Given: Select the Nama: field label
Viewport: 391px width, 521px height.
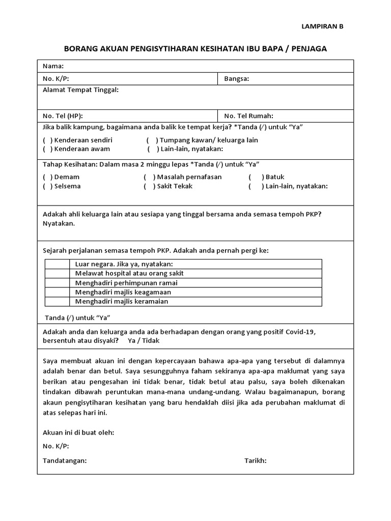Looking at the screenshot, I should (x=53, y=66).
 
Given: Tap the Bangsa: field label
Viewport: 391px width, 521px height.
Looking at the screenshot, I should (x=236, y=79).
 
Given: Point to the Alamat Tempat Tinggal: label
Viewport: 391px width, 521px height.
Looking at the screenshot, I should (x=81, y=90).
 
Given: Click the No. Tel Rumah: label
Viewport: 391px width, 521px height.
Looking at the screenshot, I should (x=248, y=116).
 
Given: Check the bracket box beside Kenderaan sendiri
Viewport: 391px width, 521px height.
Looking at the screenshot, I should (x=47, y=140).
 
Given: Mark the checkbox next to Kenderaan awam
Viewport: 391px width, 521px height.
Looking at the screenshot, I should (x=47, y=149).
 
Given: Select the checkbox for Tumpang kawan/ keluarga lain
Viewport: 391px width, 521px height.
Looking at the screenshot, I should (x=151, y=140).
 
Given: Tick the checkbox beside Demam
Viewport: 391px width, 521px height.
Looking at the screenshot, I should (x=47, y=177).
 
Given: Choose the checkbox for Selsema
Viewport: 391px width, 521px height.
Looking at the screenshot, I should (x=47, y=186).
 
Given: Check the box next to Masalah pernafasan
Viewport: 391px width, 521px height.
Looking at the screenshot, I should (x=149, y=177).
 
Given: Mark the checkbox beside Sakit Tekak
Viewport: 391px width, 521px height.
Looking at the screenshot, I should (x=149, y=186).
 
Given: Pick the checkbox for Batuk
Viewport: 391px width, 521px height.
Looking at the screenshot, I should (x=256, y=177).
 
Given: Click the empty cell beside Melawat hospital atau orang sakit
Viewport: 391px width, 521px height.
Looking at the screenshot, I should (x=57, y=273).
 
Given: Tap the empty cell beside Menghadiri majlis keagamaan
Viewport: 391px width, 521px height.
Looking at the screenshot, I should (x=57, y=292).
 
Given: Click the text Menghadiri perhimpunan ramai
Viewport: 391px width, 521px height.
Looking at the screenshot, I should (x=126, y=283).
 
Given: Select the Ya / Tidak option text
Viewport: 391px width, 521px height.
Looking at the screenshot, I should (x=144, y=341).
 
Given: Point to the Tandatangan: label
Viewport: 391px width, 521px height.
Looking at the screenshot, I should (x=65, y=460).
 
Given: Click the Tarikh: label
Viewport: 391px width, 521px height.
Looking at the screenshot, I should (x=256, y=460).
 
